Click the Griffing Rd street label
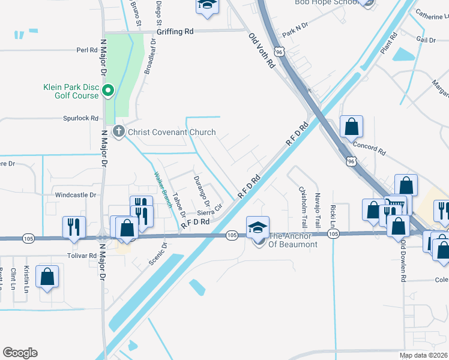point(175,31)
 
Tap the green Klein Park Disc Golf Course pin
point(108,91)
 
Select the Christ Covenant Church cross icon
point(119,131)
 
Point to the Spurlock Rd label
point(80,118)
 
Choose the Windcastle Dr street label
point(76,195)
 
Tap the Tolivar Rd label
point(84,255)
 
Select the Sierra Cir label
point(210,209)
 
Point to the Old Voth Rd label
point(262,50)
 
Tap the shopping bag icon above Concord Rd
point(351,127)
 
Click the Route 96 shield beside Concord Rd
point(351,161)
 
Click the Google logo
point(20,353)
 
